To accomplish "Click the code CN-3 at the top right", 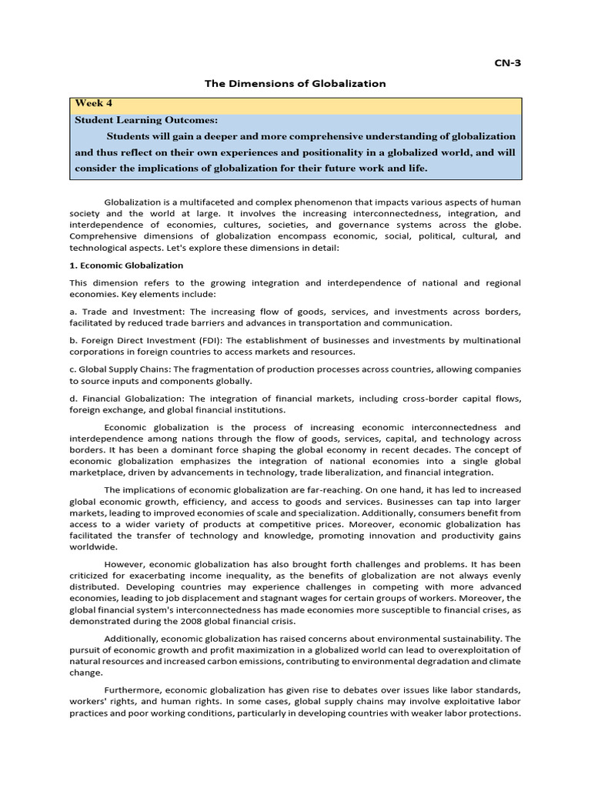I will pyautogui.click(x=507, y=64).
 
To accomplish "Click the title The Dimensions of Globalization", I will pyautogui.click(x=295, y=83).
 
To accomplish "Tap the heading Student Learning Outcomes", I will pyautogui.click(x=146, y=120).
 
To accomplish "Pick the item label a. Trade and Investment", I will pyautogui.click(x=126, y=312).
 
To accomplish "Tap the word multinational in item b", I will pyautogui.click(x=489, y=340).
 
